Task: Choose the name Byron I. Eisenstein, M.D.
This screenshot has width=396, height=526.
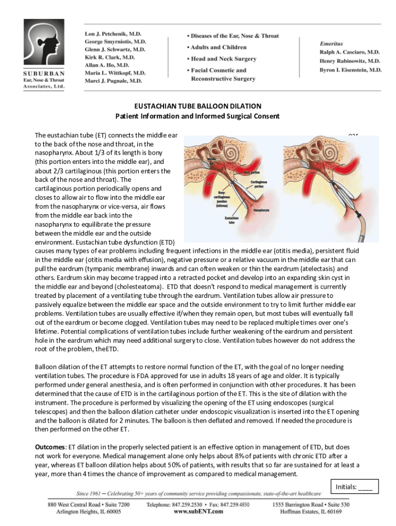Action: [350, 69]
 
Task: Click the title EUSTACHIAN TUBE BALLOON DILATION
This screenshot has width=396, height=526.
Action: [197, 106]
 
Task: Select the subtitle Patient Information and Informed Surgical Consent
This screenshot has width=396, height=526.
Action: [197, 116]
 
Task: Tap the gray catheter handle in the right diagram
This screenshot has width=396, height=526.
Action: [355, 226]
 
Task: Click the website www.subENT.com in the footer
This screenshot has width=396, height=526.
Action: [198, 512]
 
